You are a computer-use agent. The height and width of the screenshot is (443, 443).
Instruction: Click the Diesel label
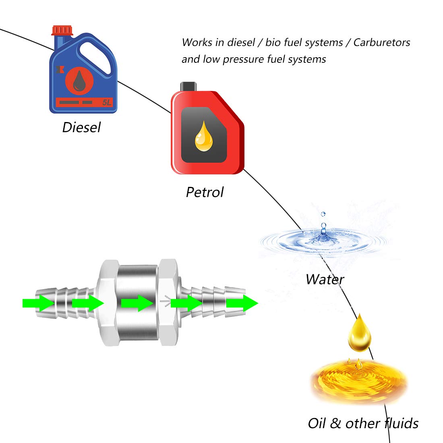81,127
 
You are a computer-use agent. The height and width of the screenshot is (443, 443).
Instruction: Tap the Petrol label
205,192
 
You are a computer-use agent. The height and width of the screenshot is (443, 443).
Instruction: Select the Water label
325,279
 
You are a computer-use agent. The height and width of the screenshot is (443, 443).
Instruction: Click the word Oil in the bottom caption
317,423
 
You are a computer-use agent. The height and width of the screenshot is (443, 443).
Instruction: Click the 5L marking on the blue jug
106,103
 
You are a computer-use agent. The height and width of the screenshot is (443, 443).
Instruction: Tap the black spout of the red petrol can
188,86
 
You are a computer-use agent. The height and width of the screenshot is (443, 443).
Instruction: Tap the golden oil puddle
358,381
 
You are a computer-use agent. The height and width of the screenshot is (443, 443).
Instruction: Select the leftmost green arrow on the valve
38,303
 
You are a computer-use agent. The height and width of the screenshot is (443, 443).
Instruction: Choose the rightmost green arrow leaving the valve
242,303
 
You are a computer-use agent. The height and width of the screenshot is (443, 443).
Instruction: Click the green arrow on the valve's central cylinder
137,303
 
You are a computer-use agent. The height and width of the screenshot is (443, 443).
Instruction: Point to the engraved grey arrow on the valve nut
165,300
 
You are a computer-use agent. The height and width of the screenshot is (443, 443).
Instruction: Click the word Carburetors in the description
381,43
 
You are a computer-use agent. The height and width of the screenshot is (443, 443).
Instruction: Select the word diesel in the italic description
241,43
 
